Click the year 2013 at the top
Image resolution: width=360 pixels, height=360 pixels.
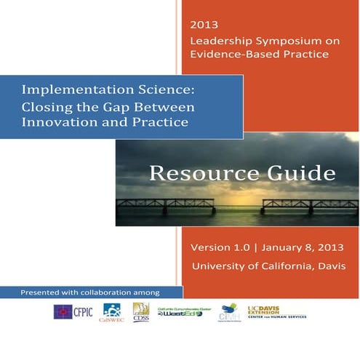click(x=199, y=23)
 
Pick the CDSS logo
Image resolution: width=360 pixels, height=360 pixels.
click(x=141, y=312)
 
